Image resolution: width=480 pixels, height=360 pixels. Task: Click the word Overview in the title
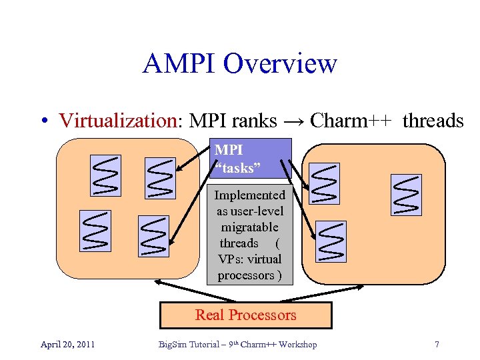(280, 64)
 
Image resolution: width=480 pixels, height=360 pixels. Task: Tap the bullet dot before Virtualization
(43, 121)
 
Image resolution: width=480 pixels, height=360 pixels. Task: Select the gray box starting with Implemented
(249, 235)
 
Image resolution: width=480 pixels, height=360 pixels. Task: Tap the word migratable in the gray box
(249, 227)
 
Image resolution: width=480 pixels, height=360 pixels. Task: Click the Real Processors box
(245, 315)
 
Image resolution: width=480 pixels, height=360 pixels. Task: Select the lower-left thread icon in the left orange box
(95, 231)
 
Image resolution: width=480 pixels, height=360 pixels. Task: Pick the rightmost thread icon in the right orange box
(406, 194)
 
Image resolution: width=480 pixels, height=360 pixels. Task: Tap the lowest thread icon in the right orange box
(331, 241)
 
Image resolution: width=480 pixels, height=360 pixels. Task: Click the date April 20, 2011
(67, 345)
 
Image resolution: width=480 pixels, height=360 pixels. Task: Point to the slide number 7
(437, 345)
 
